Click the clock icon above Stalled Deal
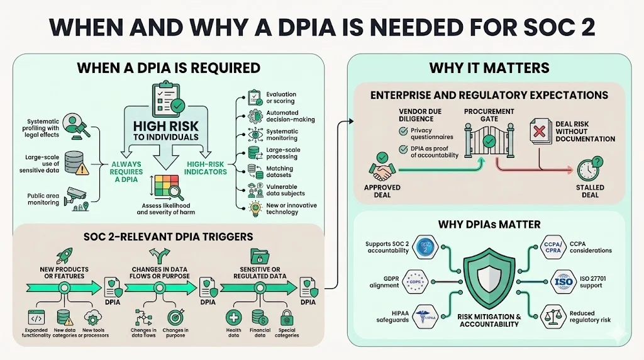590,168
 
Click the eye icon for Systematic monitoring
255,134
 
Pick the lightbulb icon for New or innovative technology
255,208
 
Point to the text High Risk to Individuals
165,131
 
